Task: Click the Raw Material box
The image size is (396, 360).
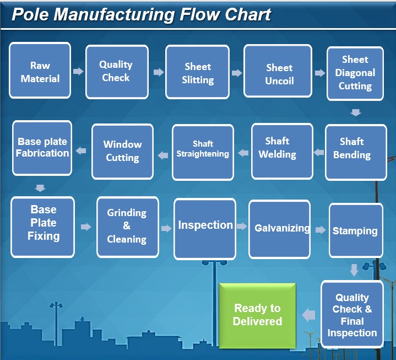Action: point(40,72)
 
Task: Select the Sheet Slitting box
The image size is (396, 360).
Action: point(198,73)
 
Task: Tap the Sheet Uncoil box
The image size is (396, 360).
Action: point(279,74)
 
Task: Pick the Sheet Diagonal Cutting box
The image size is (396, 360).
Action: point(355,73)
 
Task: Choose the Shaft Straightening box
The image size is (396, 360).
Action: point(203,151)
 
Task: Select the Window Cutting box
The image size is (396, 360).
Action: point(122,151)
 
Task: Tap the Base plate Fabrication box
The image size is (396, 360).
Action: point(42,147)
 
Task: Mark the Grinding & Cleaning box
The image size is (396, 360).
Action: point(127,226)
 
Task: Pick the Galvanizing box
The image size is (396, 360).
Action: point(282,228)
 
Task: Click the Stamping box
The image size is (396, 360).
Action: point(355,230)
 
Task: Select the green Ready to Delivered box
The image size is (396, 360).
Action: point(257,315)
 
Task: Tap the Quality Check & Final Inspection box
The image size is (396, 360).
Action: point(352,315)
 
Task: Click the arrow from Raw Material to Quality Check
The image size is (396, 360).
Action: point(78,71)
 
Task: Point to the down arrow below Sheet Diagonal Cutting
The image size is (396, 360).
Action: point(356,112)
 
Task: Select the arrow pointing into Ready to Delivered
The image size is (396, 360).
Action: point(308,315)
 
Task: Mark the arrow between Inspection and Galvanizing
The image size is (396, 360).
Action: point(242,226)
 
